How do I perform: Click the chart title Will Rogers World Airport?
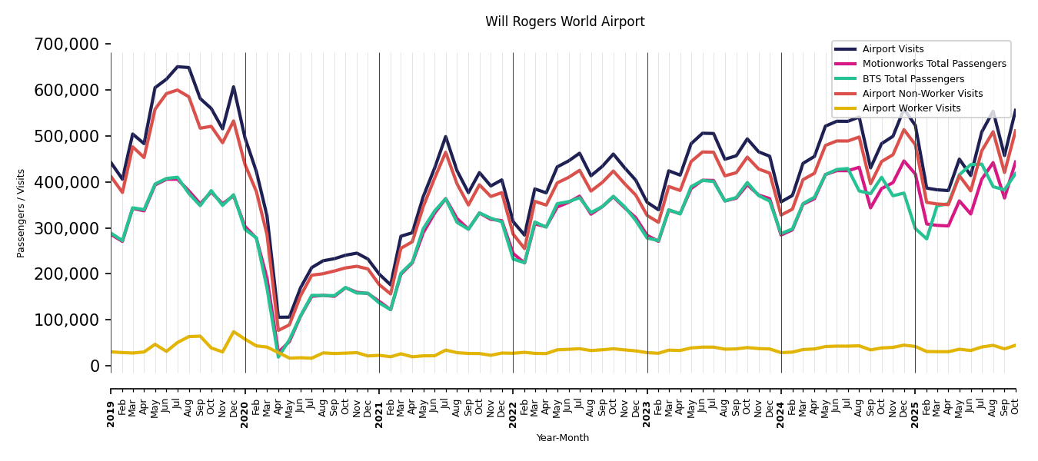tap(564, 22)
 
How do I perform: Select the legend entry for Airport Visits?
tap(893, 49)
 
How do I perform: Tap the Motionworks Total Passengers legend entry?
tap(933, 64)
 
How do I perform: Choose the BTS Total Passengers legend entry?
tap(913, 79)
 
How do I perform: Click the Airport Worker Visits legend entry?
tap(911, 108)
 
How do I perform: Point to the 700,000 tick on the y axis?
tap(67, 45)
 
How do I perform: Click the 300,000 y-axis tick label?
tap(67, 228)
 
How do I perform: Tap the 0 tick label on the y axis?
tap(95, 366)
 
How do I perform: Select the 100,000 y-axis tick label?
tap(67, 320)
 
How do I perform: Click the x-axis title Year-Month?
tap(563, 438)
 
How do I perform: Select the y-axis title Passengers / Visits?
tap(22, 213)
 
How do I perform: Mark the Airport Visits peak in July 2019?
tap(178, 67)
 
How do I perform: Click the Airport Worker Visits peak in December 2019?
tap(234, 332)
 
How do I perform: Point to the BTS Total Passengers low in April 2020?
tap(278, 357)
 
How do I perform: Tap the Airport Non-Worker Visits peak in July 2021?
tap(446, 152)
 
